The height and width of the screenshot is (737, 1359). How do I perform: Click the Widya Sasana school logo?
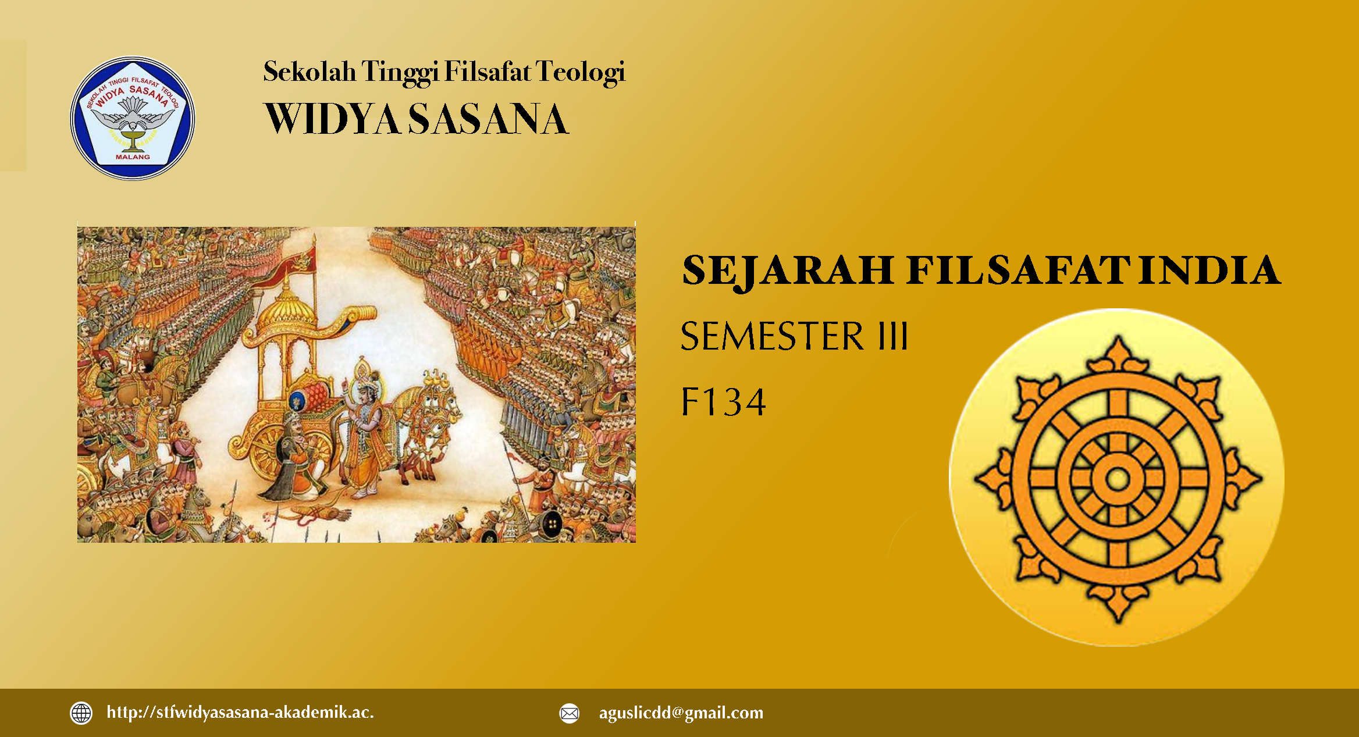click(x=133, y=118)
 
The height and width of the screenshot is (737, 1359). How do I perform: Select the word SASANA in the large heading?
click(x=488, y=119)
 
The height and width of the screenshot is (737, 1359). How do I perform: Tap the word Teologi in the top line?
click(x=580, y=73)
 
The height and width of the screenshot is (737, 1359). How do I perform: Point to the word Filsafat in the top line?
click(x=488, y=72)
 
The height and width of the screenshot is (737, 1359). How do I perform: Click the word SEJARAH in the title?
click(x=788, y=272)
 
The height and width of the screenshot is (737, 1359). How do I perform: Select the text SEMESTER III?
click(x=794, y=336)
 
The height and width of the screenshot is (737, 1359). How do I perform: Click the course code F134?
click(x=723, y=402)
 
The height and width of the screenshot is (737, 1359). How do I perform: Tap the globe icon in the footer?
click(x=81, y=713)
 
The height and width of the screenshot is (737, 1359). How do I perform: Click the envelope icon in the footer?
click(x=570, y=713)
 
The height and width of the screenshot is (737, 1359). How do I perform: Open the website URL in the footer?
click(x=240, y=713)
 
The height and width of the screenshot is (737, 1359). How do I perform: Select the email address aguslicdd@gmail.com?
click(x=681, y=713)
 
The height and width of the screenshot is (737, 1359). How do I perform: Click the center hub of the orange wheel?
click(x=1117, y=479)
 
